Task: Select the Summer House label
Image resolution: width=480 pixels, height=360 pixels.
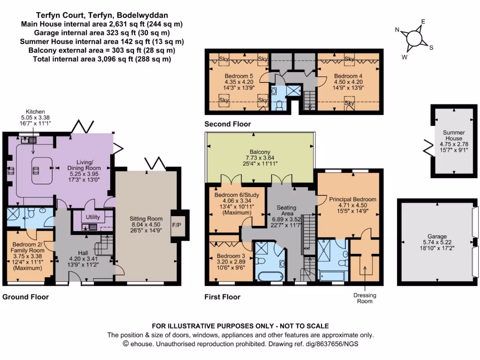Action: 453,135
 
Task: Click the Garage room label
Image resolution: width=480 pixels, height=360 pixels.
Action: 440,236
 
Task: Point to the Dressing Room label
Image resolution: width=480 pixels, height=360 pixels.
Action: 365,298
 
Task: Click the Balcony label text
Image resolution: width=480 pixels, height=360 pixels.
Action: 259,152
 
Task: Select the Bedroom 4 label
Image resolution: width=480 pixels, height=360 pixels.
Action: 348,76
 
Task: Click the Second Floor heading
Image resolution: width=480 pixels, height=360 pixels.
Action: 227,124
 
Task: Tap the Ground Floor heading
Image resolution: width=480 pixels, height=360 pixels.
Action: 25,297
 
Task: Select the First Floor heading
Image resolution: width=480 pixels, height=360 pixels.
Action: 222,297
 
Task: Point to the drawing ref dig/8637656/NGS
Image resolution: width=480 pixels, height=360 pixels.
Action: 331,344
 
